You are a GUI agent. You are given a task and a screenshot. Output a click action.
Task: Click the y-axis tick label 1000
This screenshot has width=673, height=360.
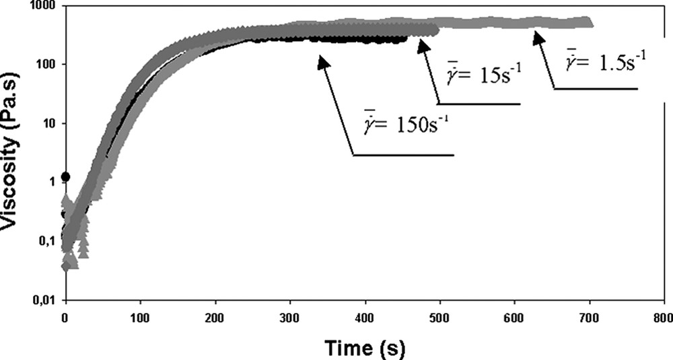(x=44, y=5)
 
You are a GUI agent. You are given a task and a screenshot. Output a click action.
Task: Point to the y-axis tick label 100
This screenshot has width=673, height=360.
(x=47, y=65)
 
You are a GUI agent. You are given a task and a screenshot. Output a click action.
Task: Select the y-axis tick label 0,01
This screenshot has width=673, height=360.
(x=44, y=299)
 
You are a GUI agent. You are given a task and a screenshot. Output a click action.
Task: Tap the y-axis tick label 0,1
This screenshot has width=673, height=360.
(x=47, y=241)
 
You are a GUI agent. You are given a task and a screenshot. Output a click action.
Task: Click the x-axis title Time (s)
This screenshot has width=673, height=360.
(x=364, y=348)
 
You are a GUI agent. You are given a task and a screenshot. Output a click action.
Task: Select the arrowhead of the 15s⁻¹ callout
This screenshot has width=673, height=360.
(x=423, y=43)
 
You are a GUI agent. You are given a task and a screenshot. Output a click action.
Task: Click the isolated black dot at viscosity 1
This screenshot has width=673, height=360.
(x=65, y=177)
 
